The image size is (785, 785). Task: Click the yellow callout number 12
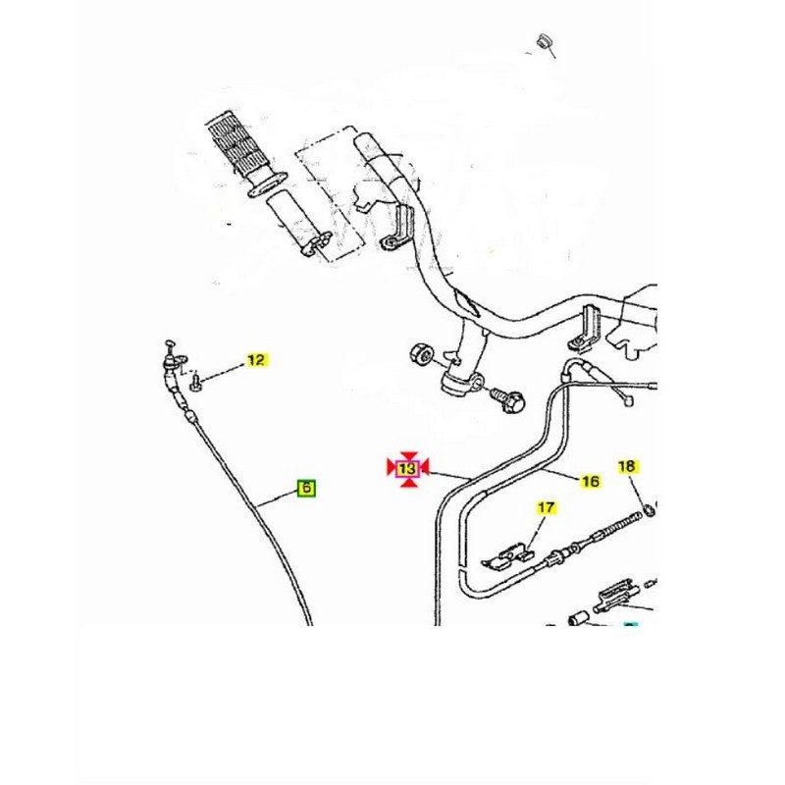point(255,360)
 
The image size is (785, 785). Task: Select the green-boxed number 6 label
point(306,487)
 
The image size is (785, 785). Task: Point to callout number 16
point(591,481)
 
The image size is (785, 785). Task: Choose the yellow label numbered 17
point(546,507)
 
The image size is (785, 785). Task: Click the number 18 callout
point(627,466)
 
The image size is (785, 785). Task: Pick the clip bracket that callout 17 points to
point(507,555)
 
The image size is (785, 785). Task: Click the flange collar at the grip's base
point(270,183)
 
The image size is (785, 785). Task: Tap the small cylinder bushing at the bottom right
point(580,617)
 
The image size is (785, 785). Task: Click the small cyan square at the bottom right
point(632,623)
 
